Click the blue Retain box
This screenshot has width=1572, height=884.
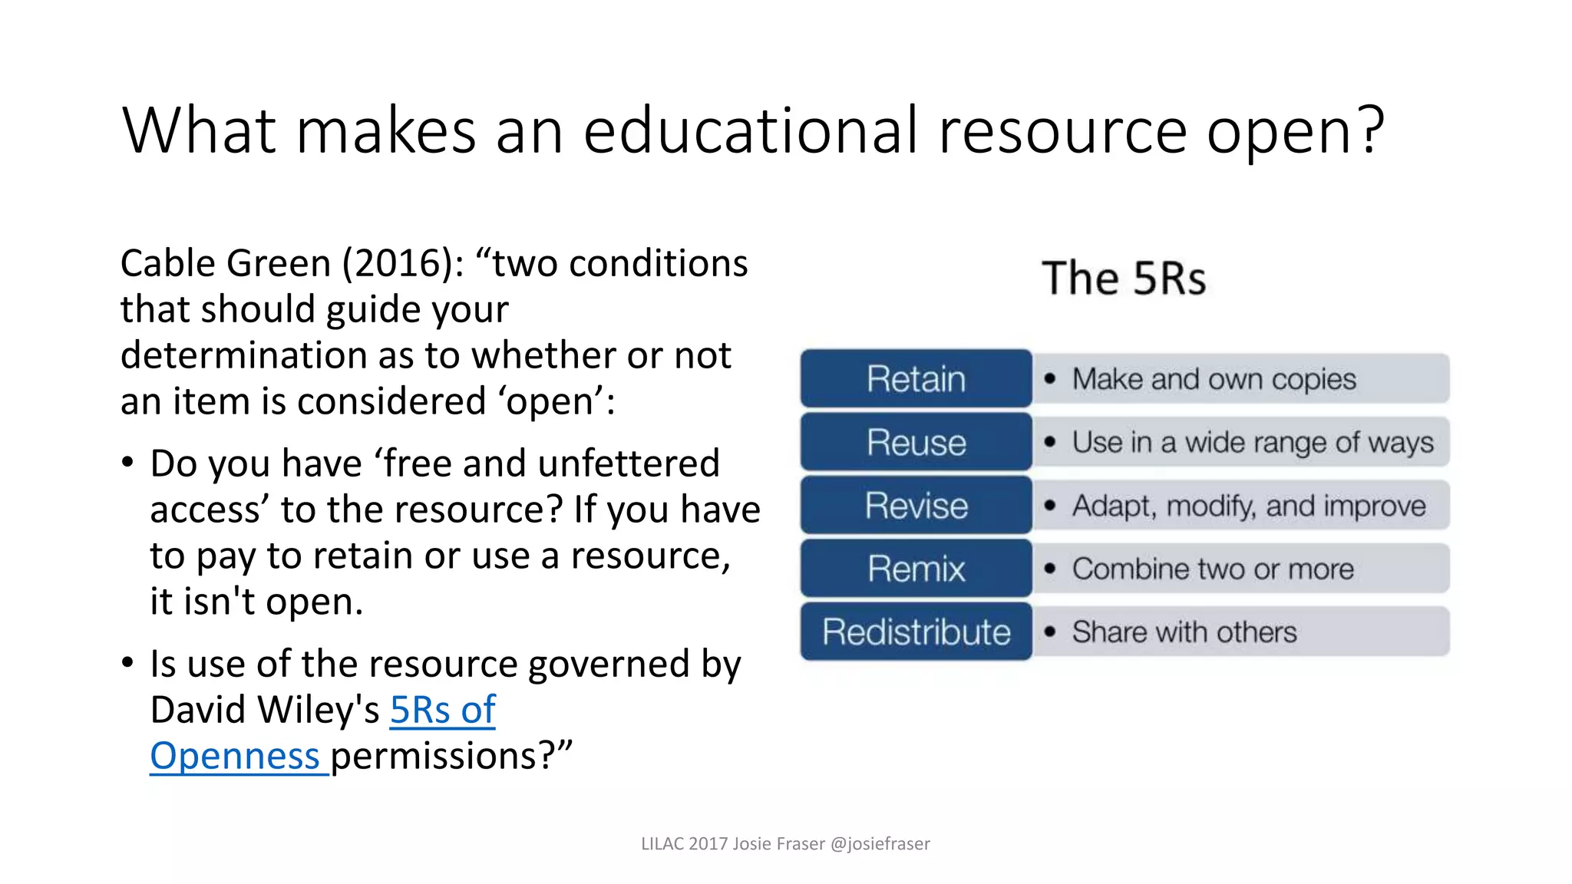click(916, 378)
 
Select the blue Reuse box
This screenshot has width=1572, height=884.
click(916, 442)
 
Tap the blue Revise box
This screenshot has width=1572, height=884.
click(916, 506)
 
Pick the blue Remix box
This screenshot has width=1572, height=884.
click(916, 569)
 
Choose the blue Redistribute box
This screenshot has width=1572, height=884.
click(916, 632)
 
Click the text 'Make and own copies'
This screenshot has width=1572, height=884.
click(1214, 379)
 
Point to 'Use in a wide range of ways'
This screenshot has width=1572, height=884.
click(1253, 443)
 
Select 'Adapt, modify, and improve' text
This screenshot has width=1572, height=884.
click(1249, 506)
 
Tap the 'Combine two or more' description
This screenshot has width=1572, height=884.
click(1213, 569)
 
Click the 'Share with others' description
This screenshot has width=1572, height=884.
click(1184, 632)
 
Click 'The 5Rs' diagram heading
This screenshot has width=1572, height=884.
click(1124, 278)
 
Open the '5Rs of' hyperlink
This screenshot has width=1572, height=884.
click(443, 710)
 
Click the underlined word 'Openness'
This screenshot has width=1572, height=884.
click(235, 756)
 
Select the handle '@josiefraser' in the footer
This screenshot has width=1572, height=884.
click(880, 844)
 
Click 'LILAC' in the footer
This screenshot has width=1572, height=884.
click(662, 844)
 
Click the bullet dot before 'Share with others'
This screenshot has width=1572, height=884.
click(1050, 632)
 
